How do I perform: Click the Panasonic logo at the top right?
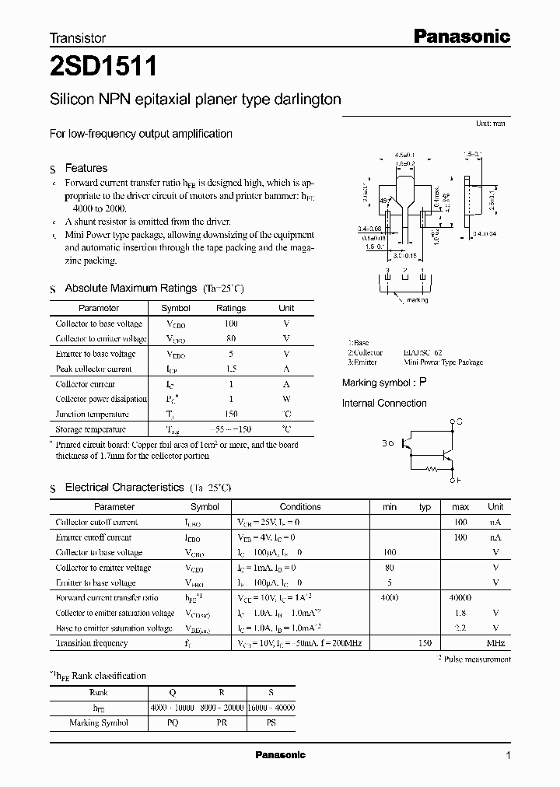pyautogui.click(x=460, y=36)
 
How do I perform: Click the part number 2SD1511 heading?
pyautogui.click(x=103, y=67)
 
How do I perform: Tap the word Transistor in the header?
pyautogui.click(x=78, y=37)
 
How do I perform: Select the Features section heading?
pyautogui.click(x=86, y=168)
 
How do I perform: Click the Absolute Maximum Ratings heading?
pyautogui.click(x=130, y=288)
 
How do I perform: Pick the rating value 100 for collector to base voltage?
pyautogui.click(x=230, y=324)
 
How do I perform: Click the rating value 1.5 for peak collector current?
pyautogui.click(x=230, y=369)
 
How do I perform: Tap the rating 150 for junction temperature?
pyautogui.click(x=230, y=414)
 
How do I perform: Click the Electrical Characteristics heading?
pyautogui.click(x=124, y=487)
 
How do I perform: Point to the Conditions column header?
pyautogui.click(x=300, y=506)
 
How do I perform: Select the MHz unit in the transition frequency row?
pyautogui.click(x=495, y=643)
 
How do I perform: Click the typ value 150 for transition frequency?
pyautogui.click(x=425, y=643)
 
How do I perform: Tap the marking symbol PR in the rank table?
pyautogui.click(x=222, y=722)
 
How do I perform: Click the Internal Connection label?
pyautogui.click(x=384, y=403)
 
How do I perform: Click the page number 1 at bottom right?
pyautogui.click(x=508, y=756)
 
